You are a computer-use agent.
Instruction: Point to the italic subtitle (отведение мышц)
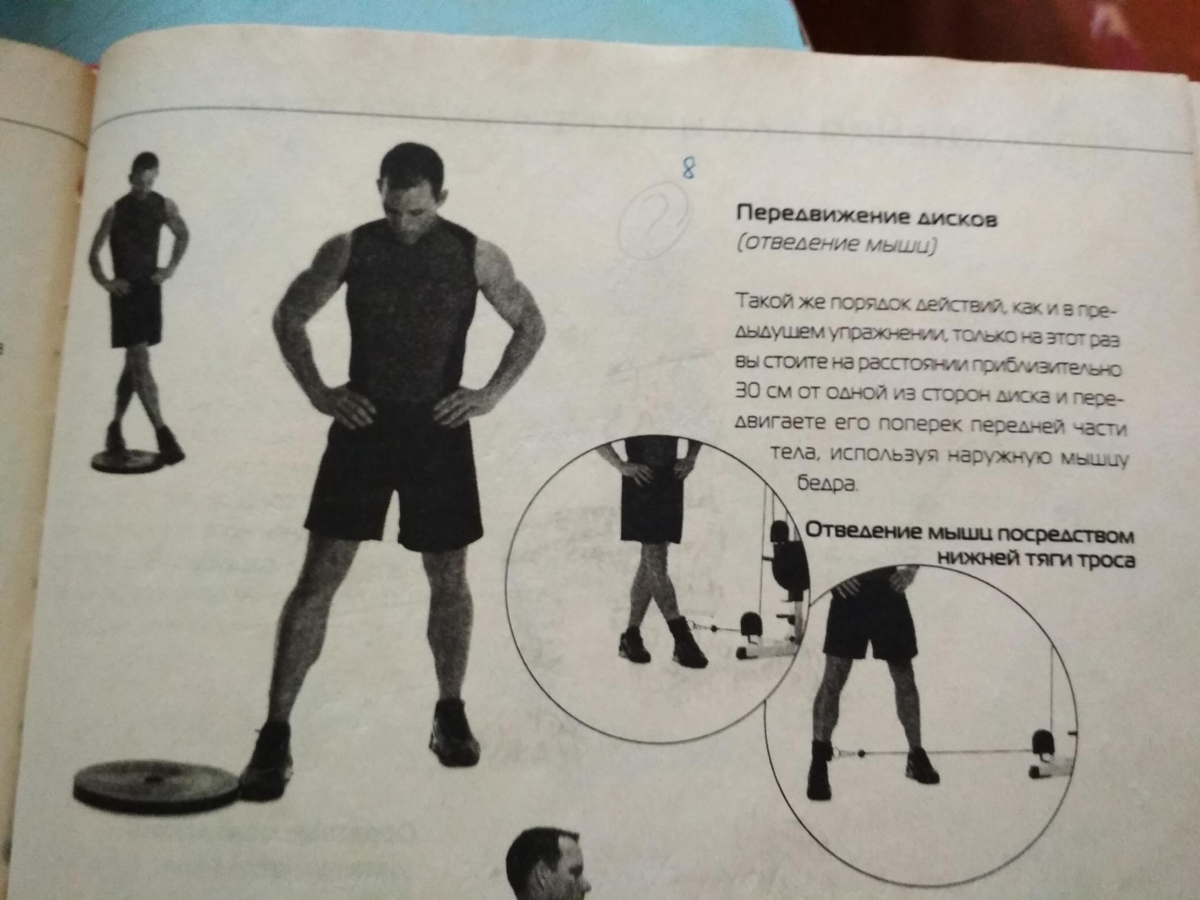coord(835,246)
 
